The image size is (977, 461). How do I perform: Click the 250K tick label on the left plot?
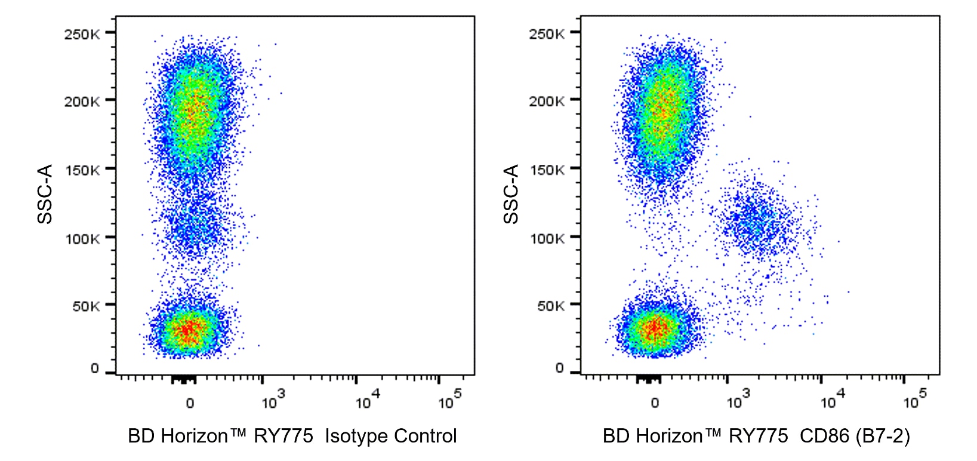(x=82, y=34)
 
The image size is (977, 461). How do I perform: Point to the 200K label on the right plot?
(x=546, y=101)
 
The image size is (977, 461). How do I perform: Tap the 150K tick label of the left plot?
(x=82, y=170)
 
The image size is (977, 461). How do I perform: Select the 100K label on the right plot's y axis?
(x=547, y=239)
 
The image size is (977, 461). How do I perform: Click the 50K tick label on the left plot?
(x=85, y=306)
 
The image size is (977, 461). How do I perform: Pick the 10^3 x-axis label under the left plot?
(x=273, y=401)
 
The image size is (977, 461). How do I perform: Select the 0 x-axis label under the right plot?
(x=655, y=403)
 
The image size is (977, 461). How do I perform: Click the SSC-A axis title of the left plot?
(x=45, y=194)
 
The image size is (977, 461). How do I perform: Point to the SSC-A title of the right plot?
(x=511, y=194)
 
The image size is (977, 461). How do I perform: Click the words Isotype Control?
(x=391, y=437)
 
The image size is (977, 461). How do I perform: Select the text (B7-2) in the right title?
(x=882, y=437)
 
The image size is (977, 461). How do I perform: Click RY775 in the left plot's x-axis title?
(x=283, y=437)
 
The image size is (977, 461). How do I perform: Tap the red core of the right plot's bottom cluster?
(x=655, y=328)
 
